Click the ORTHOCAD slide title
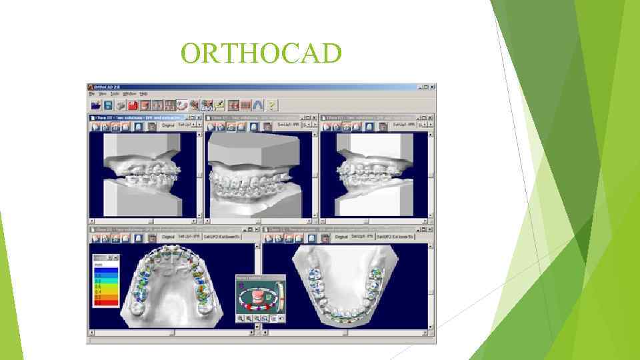[x=261, y=53]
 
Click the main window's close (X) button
[x=433, y=87]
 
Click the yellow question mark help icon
[x=272, y=105]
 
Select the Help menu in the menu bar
[x=143, y=94]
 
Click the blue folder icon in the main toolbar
[x=95, y=105]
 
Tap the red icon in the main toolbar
[x=133, y=105]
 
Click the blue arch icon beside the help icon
[x=258, y=105]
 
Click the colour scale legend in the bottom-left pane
[x=107, y=280]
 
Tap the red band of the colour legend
[x=107, y=302]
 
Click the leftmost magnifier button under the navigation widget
[x=240, y=319]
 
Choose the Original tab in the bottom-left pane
[x=167, y=237]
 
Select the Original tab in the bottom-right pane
[x=341, y=237]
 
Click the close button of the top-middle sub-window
[x=315, y=117]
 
